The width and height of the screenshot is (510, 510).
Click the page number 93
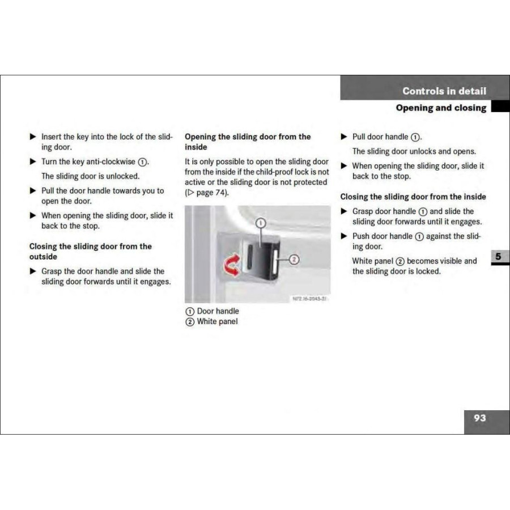coord(479,418)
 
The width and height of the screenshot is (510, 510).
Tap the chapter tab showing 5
coord(498,256)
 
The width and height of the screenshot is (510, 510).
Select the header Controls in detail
coord(444,91)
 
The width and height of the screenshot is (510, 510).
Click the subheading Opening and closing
coord(440,108)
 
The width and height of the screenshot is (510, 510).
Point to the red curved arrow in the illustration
coord(232,265)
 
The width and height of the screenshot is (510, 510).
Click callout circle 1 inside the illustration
coord(260,223)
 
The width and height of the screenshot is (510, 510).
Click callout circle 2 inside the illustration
coord(294,260)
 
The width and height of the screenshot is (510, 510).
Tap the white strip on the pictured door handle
coord(275,262)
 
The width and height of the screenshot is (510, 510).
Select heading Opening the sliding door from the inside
coord(248,142)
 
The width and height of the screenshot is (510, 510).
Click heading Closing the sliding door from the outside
coord(91,251)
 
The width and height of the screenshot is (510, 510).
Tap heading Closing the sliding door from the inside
coord(413,197)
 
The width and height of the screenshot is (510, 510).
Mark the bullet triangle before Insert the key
coord(33,137)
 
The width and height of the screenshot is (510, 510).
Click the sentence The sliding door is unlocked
coord(90,176)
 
